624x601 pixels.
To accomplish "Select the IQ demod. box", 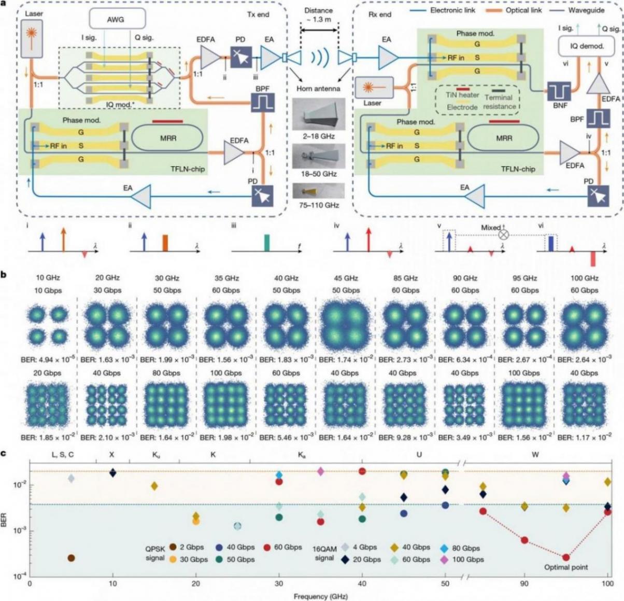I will [587, 46].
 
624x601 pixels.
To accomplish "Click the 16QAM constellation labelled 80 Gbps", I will [165, 404].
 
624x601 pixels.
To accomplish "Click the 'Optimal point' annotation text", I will [565, 567].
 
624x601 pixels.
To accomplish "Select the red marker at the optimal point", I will [565, 557].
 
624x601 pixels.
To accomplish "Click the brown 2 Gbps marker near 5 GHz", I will [71, 558].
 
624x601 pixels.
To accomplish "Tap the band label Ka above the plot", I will [301, 455].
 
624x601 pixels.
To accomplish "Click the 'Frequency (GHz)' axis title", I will [318, 596].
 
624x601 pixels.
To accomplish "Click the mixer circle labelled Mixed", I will [503, 234].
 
